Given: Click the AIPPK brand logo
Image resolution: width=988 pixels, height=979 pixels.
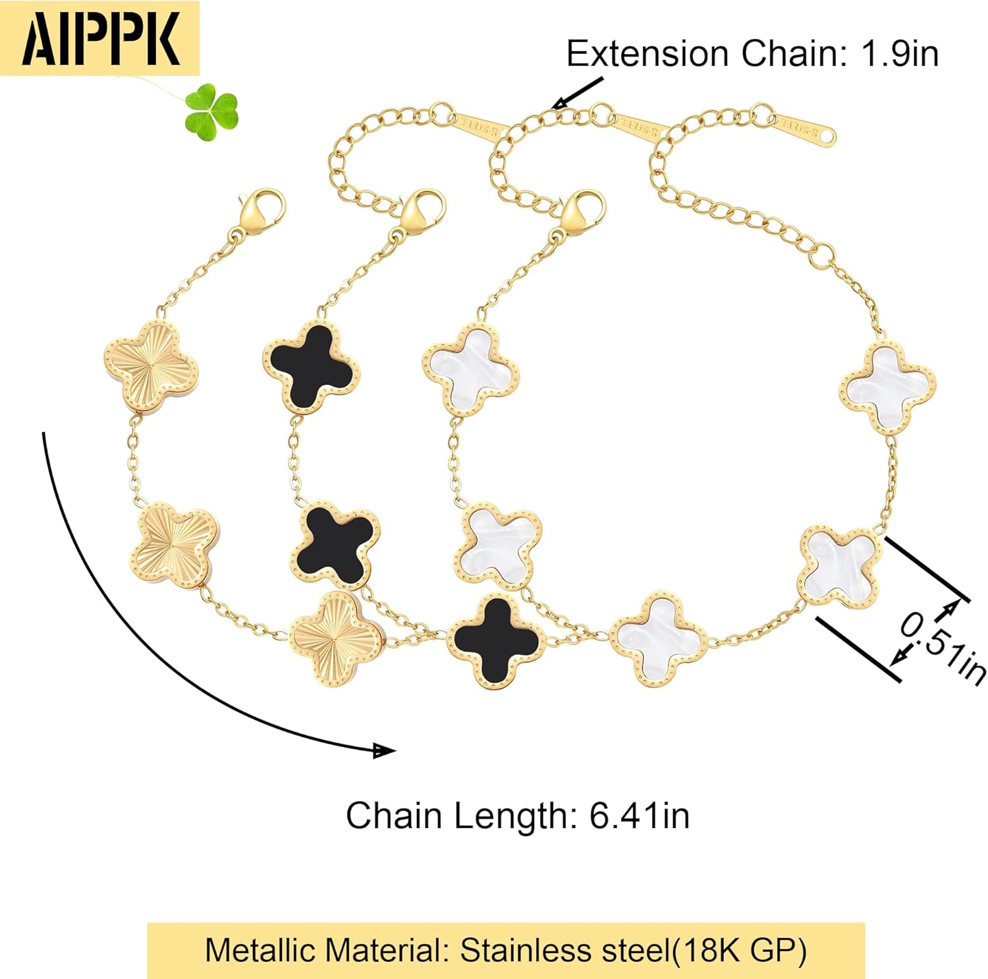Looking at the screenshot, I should [100, 38].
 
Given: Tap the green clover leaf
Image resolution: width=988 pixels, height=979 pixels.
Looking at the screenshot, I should [211, 111].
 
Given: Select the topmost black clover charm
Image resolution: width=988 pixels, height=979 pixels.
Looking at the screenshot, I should [312, 366].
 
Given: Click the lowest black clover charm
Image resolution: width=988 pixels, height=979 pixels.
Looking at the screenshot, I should [496, 641].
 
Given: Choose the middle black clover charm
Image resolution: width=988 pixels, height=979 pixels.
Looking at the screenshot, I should [336, 544].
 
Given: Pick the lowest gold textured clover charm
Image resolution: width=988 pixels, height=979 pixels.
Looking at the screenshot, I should [336, 639].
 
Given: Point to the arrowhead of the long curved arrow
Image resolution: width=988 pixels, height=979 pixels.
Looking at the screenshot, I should [384, 750].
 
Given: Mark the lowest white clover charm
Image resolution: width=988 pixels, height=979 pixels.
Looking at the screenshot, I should [658, 639].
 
